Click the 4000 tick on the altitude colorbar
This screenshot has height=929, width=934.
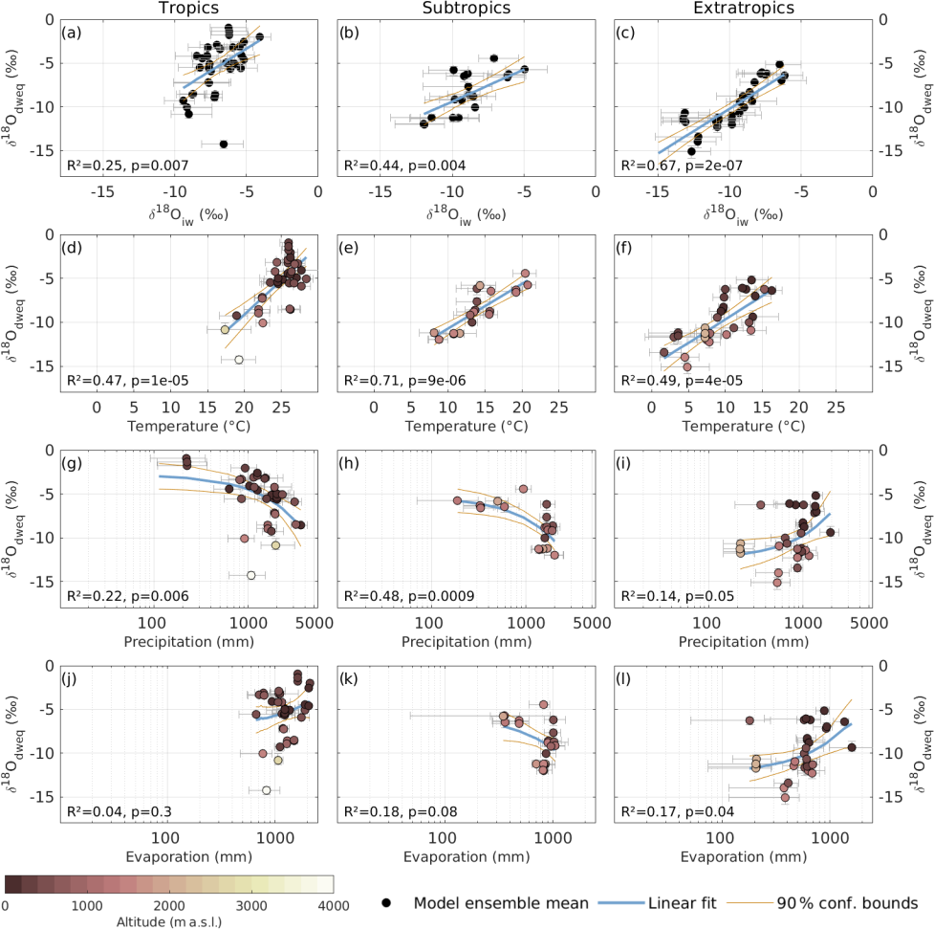pyautogui.click(x=332, y=905)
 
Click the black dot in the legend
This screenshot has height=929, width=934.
pyautogui.click(x=386, y=902)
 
